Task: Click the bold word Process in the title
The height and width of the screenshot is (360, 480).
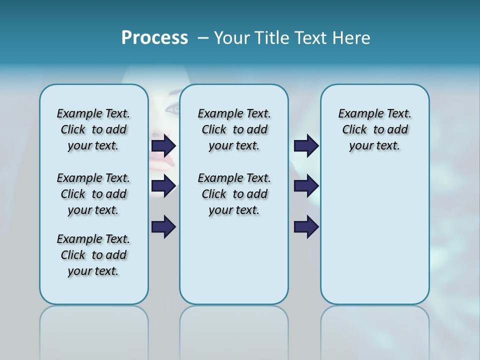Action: point(154,38)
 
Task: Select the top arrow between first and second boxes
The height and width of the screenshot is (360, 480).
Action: point(163,145)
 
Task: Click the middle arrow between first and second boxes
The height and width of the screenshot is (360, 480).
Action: point(163,186)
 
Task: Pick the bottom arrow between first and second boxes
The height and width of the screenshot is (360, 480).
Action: point(163,226)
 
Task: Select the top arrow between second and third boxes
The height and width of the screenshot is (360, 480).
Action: point(306,145)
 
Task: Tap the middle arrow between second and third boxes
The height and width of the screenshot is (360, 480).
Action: point(306,186)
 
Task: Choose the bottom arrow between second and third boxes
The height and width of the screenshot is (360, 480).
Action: point(306,226)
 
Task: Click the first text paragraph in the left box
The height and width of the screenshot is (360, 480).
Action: point(93,129)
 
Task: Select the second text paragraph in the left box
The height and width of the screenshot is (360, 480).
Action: point(93,194)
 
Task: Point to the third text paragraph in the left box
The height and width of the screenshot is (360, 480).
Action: point(93,255)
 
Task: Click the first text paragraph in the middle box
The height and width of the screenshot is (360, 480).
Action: point(234,129)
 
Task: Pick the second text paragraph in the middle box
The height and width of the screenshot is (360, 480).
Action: point(234,194)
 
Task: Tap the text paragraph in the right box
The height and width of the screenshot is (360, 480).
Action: point(374,129)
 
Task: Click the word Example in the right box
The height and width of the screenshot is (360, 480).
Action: point(356,114)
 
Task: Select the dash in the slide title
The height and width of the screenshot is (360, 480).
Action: point(203,38)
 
